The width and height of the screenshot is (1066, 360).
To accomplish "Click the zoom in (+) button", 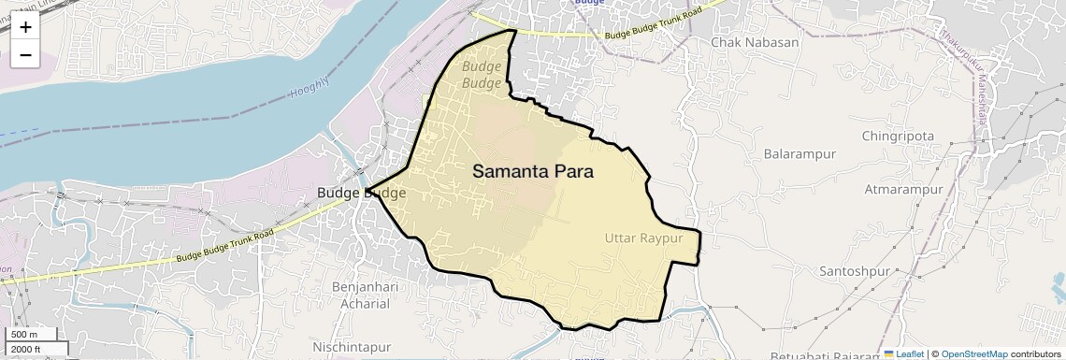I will click(x=25, y=28).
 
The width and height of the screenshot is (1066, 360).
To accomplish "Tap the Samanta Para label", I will click(x=533, y=172).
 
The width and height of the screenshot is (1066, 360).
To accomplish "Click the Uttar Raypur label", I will click(x=644, y=238).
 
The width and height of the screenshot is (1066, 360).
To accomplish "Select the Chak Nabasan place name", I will click(x=755, y=42).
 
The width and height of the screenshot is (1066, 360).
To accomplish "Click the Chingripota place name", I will click(x=899, y=136).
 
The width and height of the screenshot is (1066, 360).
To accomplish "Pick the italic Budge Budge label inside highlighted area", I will click(x=483, y=75).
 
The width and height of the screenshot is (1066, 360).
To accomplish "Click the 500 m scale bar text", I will click(x=24, y=335).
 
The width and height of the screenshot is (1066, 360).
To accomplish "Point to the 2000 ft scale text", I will click(x=26, y=350).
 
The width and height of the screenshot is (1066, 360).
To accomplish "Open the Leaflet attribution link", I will click(x=903, y=353).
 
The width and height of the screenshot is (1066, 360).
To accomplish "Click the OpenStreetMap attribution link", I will click(x=974, y=353).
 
